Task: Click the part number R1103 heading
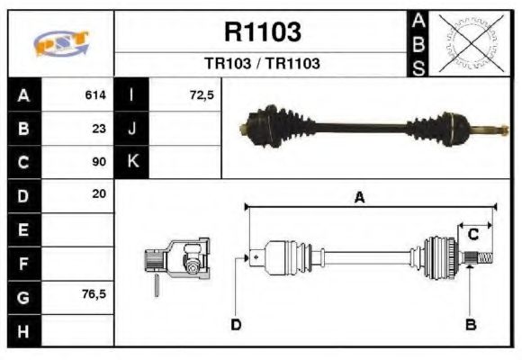(262, 33)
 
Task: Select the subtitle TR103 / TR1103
(262, 65)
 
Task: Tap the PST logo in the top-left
(60, 43)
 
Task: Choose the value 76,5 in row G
(94, 294)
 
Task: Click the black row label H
(23, 330)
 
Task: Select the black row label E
(23, 229)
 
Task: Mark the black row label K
(132, 162)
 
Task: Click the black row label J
(132, 129)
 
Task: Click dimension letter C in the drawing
(472, 234)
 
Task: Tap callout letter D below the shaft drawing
(236, 324)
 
